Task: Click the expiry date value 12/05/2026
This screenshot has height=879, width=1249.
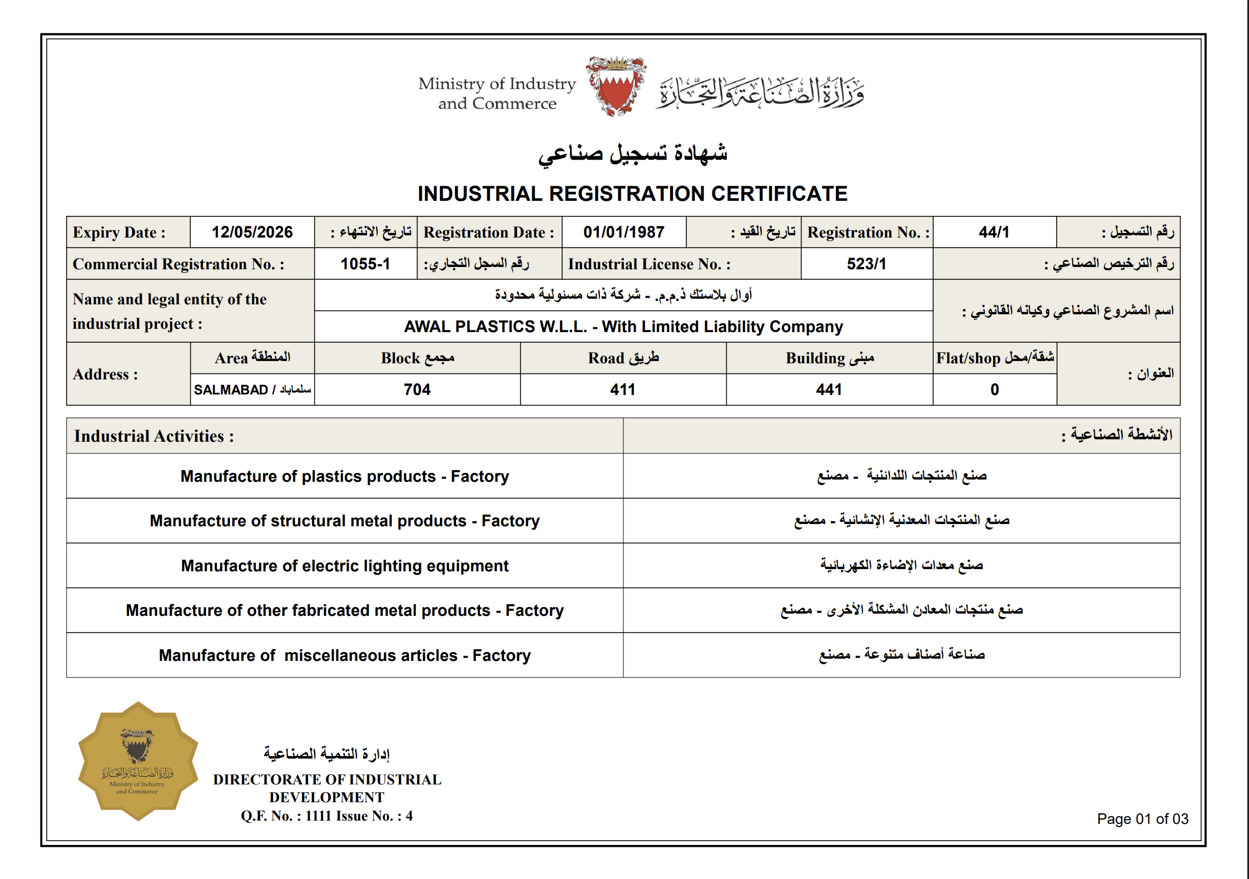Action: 252,232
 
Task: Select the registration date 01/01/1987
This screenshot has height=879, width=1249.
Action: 623,232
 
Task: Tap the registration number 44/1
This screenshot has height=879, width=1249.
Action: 994,232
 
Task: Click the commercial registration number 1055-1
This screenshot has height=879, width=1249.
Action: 365,264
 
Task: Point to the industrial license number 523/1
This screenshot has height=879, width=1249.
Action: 866,264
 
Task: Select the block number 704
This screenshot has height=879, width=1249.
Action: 417,389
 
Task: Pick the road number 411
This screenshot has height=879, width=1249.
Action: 623,389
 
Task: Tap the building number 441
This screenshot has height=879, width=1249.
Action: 829,389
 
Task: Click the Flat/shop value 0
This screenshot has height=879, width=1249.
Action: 994,389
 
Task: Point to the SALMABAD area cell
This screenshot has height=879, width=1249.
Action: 252,389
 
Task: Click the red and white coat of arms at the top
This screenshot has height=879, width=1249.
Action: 616,86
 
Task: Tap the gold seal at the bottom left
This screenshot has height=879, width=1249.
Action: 138,761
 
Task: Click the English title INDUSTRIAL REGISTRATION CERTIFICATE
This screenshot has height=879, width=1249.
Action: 632,194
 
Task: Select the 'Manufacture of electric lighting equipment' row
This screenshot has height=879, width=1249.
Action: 345,566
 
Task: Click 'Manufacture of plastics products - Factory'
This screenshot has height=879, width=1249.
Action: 345,476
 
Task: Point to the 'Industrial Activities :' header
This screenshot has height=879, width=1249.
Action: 154,436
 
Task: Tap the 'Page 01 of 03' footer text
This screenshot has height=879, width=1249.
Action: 1142,819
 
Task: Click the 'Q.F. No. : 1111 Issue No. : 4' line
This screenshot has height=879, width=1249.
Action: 326,816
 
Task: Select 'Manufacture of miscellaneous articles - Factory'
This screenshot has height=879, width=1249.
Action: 345,655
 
